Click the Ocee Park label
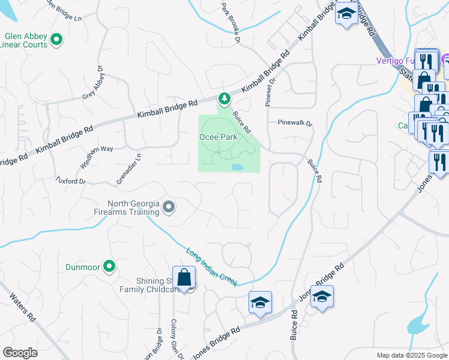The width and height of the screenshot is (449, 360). (x=218, y=137)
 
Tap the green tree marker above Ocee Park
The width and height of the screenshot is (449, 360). (x=224, y=98)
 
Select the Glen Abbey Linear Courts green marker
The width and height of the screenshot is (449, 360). (x=57, y=40)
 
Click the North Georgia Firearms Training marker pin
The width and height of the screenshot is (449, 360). (x=169, y=208)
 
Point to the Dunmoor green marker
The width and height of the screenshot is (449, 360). (x=109, y=265)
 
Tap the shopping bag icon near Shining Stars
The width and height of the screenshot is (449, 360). (x=184, y=278)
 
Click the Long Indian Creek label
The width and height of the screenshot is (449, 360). (x=212, y=267)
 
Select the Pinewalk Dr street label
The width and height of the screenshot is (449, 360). (x=295, y=122)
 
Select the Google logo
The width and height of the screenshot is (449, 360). (x=20, y=353)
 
